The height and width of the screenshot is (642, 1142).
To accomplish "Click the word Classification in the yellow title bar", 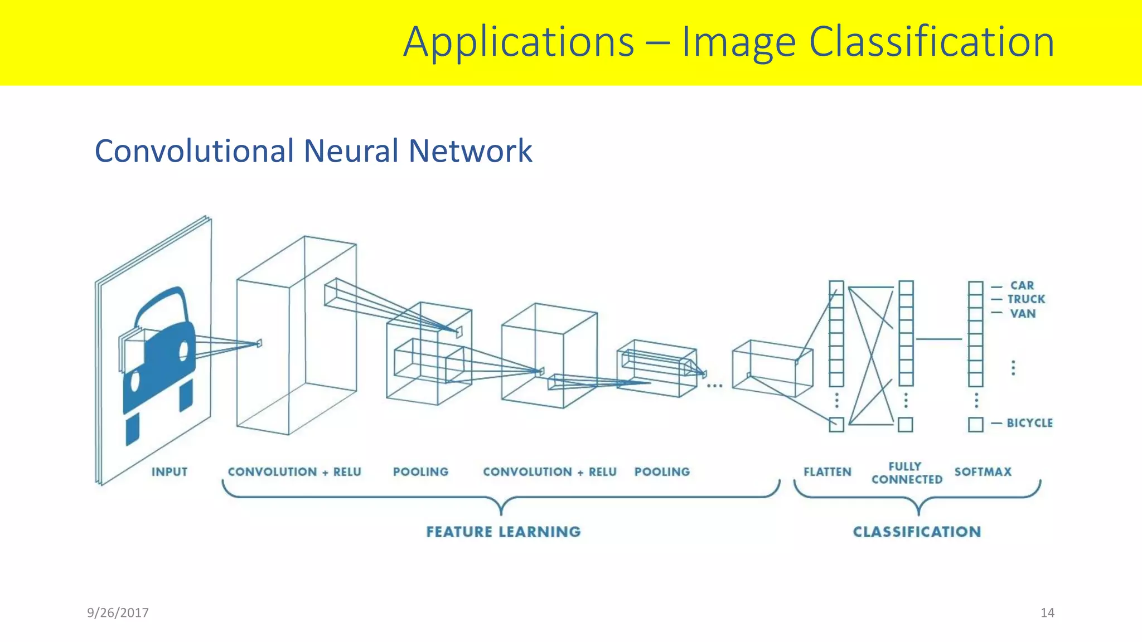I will point(931,42).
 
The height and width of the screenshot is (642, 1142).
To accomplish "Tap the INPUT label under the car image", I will point(170,472).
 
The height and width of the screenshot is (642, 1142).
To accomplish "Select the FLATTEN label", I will point(828,472).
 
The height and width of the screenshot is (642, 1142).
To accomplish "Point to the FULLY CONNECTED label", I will point(907,473).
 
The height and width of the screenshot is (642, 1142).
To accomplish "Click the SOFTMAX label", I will point(983,472).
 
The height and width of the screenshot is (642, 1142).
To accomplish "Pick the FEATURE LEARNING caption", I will point(504,532).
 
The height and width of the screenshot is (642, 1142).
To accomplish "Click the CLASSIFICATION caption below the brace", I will point(917,532).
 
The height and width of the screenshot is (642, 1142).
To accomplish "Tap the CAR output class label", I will point(1022,285).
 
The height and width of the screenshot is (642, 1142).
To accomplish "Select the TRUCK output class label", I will point(1026,299).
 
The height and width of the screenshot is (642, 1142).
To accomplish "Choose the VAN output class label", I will point(1023,314).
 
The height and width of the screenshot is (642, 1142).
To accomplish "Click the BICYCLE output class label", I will point(1029,423).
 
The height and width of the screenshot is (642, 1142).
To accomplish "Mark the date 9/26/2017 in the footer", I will point(118,613).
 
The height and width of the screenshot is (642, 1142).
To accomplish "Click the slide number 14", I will point(1047,613).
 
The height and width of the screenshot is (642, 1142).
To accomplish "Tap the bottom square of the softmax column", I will point(976,425).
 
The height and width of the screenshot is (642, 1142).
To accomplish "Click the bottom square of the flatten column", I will point(836,425).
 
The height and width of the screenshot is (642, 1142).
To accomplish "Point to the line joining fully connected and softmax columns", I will point(940,339).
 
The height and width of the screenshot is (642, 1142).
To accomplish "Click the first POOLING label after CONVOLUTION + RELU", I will point(420,472).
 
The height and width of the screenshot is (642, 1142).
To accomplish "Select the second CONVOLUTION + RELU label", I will point(550,472).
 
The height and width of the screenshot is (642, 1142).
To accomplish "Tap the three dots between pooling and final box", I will point(715,386).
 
